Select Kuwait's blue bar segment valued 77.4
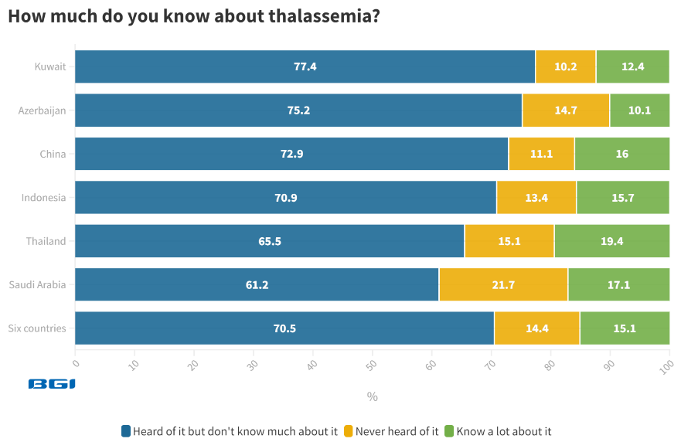[x=305, y=66]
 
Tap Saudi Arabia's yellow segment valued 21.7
[x=503, y=284]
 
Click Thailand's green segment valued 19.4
[x=611, y=241]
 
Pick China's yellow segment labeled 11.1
[x=541, y=154]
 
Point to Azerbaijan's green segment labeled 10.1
[x=639, y=110]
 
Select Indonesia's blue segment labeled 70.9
[x=285, y=197]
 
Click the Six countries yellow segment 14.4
[x=536, y=328]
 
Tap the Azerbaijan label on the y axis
[x=42, y=110]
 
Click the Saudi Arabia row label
[x=37, y=284]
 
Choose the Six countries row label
[x=37, y=328]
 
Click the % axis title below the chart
[x=372, y=396]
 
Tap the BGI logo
[x=52, y=383]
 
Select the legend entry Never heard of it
[x=396, y=431]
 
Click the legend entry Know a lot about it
[x=503, y=431]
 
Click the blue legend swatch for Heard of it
[x=126, y=431]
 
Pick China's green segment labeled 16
[x=621, y=154]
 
